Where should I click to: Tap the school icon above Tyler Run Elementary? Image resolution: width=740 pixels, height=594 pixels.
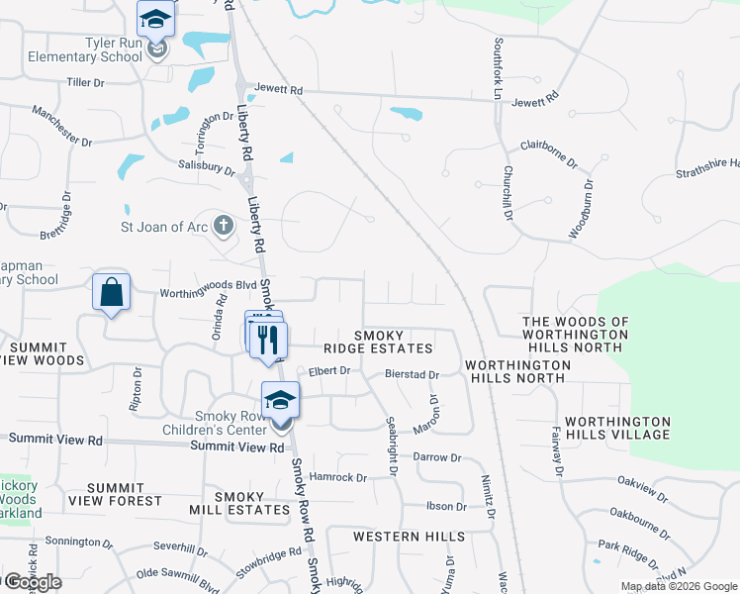155,20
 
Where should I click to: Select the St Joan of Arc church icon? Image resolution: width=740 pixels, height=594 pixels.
224,225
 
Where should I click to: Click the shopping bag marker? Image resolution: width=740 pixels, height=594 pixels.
111,293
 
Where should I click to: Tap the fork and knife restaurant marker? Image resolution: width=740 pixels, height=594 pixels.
267,340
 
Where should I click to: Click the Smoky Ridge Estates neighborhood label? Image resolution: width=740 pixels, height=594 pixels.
379,341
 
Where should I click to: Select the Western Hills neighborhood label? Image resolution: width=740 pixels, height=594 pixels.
410,537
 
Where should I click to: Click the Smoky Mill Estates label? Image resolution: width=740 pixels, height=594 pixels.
239,503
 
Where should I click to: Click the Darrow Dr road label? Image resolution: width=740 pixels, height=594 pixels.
437,457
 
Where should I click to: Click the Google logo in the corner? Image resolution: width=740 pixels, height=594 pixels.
33,582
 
